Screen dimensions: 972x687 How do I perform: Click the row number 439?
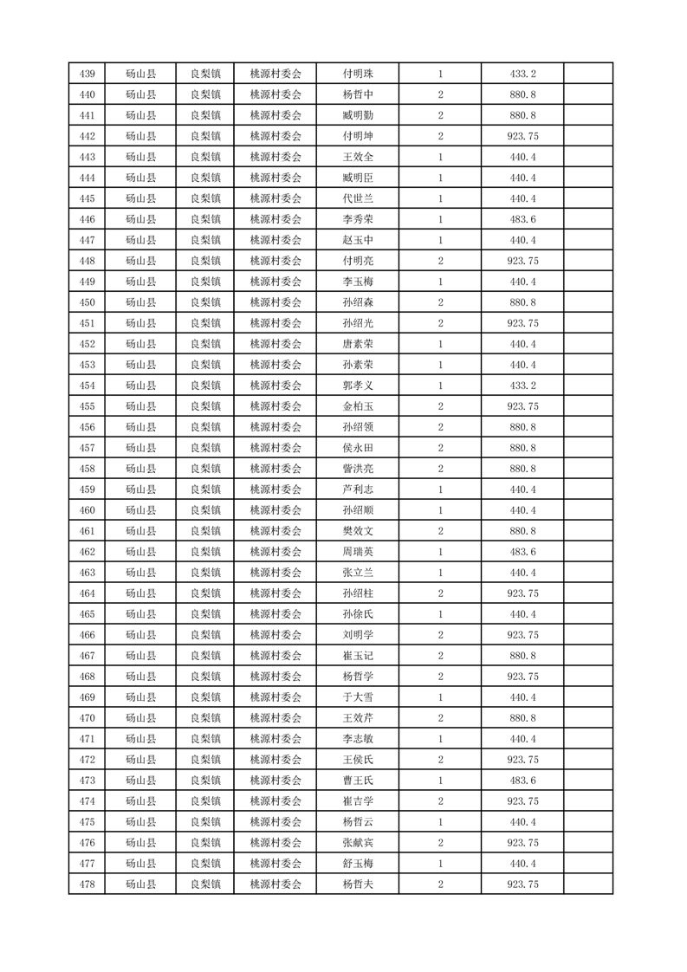[87, 74]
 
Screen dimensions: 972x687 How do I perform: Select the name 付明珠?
[358, 74]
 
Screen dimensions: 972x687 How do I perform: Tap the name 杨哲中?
[358, 94]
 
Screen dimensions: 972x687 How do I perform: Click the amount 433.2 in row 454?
[522, 386]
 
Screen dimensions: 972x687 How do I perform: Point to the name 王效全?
[358, 157]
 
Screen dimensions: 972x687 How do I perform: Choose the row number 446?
[87, 219]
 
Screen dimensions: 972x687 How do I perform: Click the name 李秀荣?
[358, 219]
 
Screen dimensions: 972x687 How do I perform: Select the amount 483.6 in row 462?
[522, 552]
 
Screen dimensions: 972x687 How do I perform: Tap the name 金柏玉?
[358, 406]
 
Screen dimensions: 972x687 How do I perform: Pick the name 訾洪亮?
[358, 469]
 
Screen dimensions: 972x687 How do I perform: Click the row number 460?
[87, 510]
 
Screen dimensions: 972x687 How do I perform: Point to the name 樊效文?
[358, 531]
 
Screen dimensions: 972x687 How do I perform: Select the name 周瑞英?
[358, 552]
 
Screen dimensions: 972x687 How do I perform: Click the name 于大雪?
[358, 697]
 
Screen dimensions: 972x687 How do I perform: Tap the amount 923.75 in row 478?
[522, 885]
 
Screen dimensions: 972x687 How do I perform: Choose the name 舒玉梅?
[358, 864]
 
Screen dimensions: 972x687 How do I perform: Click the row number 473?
[87, 781]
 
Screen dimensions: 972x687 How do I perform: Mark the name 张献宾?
[358, 843]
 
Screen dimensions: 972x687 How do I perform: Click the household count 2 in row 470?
[441, 718]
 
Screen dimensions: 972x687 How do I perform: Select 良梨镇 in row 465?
[205, 614]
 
